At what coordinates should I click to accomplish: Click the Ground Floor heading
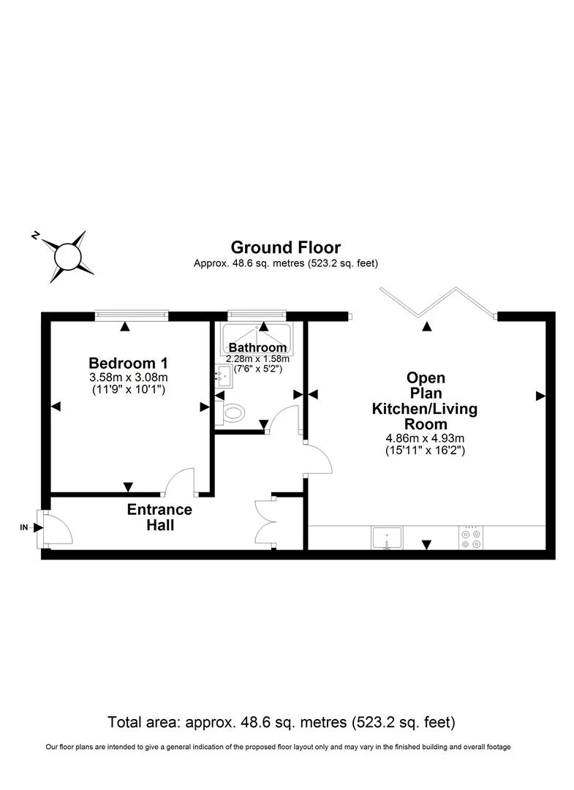[285, 247]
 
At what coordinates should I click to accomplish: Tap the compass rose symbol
[67, 255]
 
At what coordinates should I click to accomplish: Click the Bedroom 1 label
[123, 363]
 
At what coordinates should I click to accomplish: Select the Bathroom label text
[257, 347]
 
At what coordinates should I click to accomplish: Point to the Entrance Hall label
[159, 517]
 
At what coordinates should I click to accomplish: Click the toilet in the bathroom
[231, 413]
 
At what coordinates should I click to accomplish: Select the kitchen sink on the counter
[385, 538]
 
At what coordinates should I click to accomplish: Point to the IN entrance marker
[24, 527]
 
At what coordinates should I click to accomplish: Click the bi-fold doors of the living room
[437, 302]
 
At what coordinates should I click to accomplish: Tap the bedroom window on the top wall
[132, 315]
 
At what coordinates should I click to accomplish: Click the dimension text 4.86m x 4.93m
[426, 438]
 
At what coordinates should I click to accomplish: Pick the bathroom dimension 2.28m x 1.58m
[258, 358]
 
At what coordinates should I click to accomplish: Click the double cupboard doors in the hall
[265, 522]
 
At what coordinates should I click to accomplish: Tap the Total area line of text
[282, 722]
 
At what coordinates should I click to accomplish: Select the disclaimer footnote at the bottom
[278, 747]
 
